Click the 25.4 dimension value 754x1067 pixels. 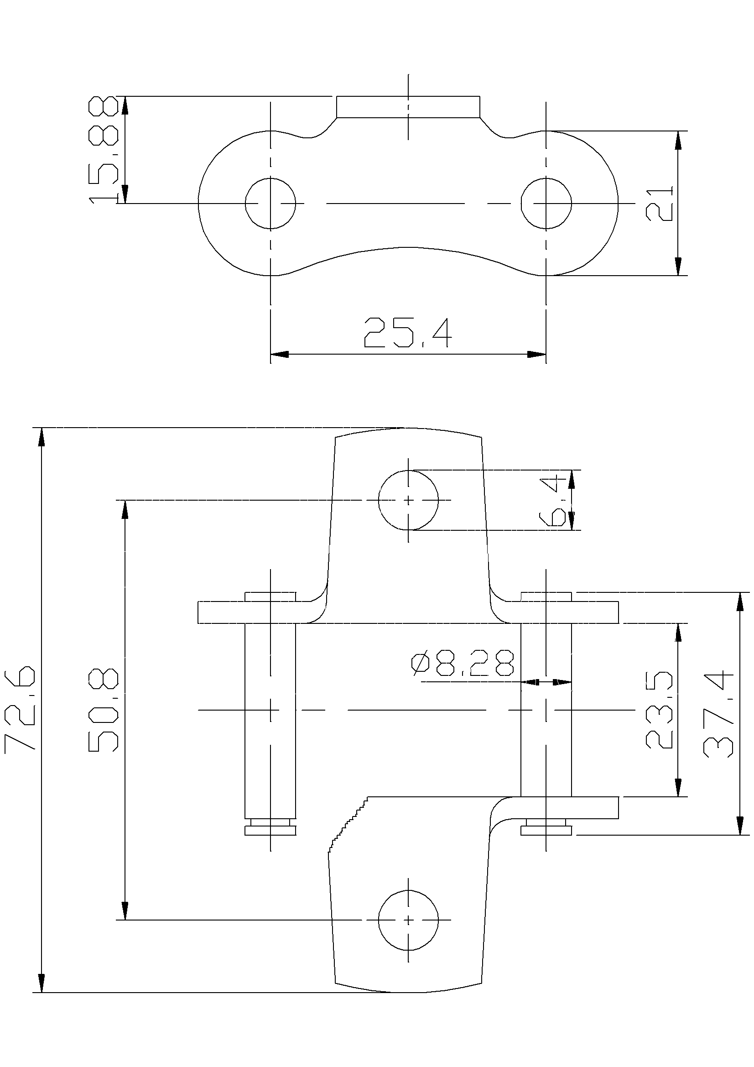coord(407,333)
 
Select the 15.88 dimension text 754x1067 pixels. coord(104,150)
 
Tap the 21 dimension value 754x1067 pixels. coord(659,204)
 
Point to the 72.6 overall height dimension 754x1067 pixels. coord(20,708)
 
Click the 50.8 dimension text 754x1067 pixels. coord(103,710)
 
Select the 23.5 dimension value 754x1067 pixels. coord(659,710)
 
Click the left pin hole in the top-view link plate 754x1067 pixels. coord(270,204)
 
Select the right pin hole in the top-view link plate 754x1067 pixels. coord(546,204)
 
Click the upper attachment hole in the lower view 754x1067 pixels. coord(408,500)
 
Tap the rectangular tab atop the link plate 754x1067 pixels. coord(408,107)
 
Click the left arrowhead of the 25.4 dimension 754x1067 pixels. coord(279,354)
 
